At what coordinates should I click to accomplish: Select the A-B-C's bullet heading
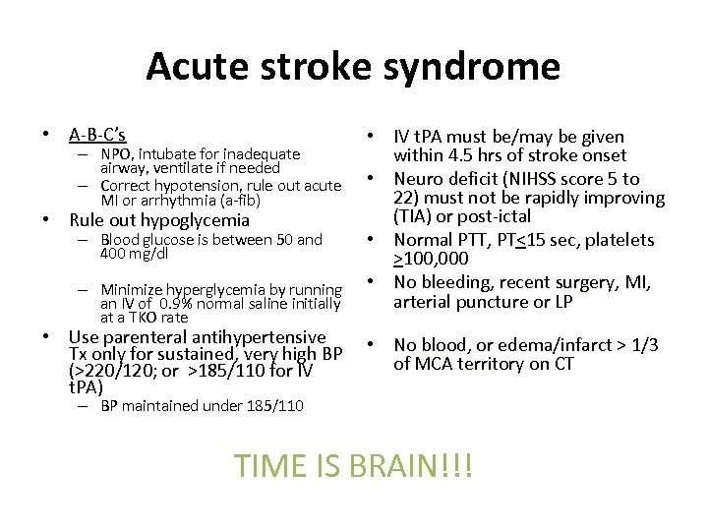(97, 134)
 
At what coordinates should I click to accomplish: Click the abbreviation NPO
(116, 154)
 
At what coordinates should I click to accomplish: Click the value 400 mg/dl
(134, 254)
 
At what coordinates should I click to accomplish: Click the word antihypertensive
(264, 337)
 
